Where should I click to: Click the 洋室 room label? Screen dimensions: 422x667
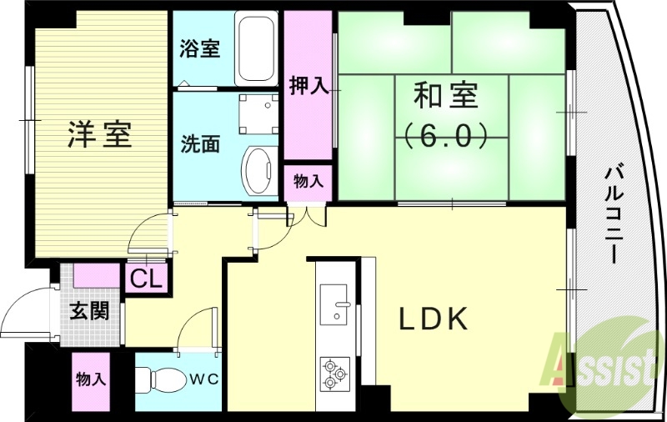coord(99,133)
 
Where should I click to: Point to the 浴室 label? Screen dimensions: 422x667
coord(200,48)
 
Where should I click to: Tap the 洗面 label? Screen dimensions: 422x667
coord(200,143)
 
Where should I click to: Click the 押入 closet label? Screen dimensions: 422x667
coord(308,86)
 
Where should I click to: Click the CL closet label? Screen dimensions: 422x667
coord(147,279)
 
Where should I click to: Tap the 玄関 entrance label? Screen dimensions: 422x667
coord(88,311)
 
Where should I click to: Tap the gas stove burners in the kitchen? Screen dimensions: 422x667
coord(335,373)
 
